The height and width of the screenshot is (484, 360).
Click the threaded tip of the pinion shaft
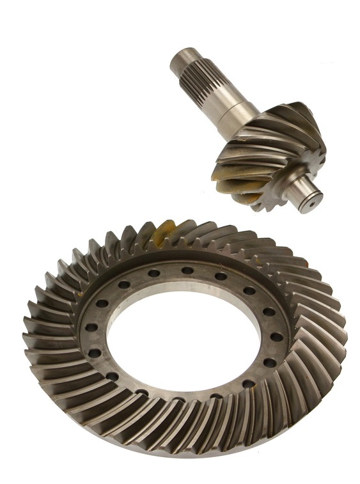[178, 62]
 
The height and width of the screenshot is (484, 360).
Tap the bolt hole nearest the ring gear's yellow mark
[154, 273]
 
